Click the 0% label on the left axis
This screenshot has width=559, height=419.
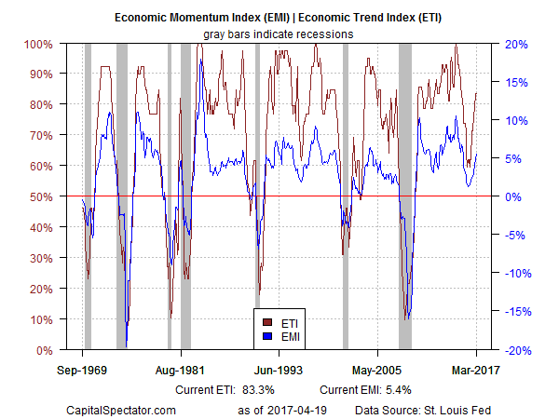[45, 350]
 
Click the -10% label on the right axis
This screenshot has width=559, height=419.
[519, 274]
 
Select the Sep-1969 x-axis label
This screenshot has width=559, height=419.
[83, 369]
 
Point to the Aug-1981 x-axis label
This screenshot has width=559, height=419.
[181, 369]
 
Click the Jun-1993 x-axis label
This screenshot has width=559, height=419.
[279, 369]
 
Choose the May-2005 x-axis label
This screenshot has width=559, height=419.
[377, 369]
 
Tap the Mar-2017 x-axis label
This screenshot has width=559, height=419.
[476, 369]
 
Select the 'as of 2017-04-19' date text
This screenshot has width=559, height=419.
[284, 410]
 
